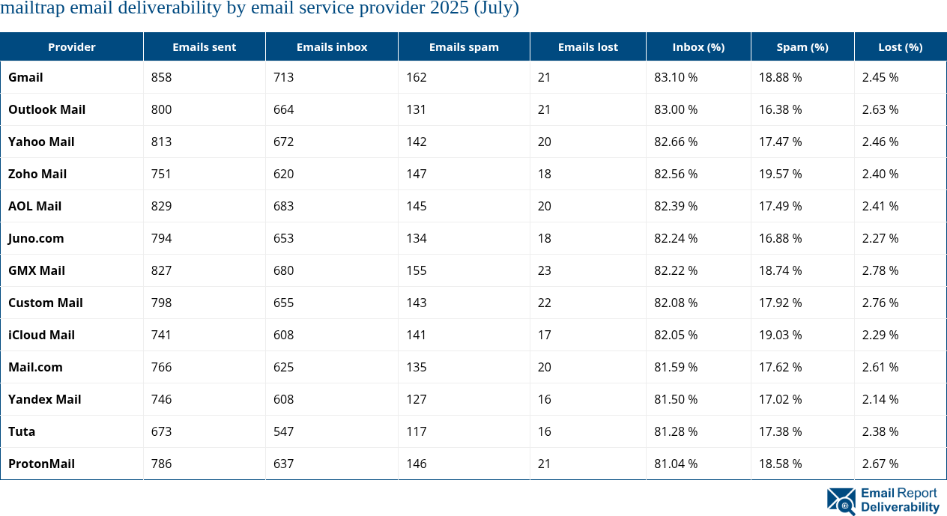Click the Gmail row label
click(x=25, y=77)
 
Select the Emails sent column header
click(x=204, y=46)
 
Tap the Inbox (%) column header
click(x=698, y=46)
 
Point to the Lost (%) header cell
click(x=900, y=46)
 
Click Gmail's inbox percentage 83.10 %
click(x=676, y=77)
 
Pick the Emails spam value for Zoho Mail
click(x=417, y=174)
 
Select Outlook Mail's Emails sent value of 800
click(x=161, y=109)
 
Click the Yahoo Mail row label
click(x=41, y=142)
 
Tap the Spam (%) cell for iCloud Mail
click(x=780, y=335)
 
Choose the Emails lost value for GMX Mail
click(x=545, y=270)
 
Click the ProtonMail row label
click(x=41, y=464)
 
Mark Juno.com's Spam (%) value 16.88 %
click(x=780, y=238)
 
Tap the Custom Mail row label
click(x=45, y=303)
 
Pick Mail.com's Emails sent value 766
click(x=161, y=367)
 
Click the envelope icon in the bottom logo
click(x=841, y=501)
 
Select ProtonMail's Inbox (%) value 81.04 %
click(x=676, y=464)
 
